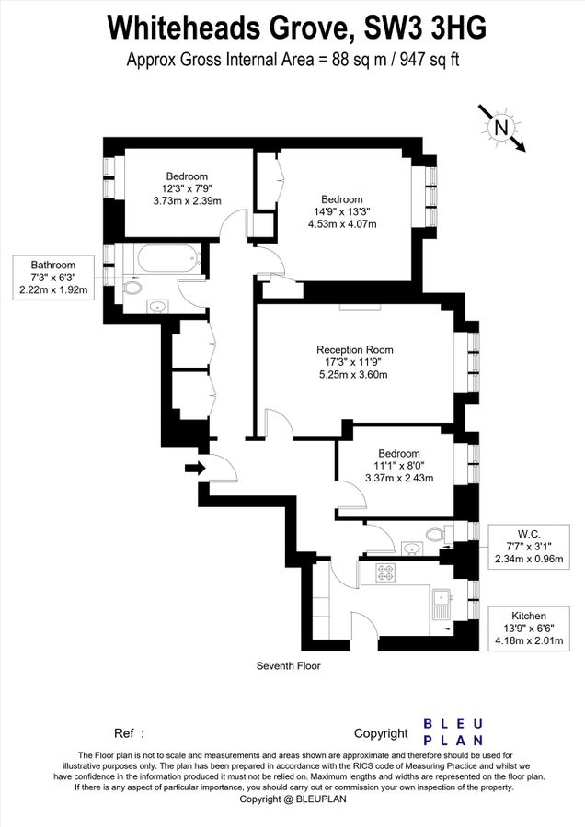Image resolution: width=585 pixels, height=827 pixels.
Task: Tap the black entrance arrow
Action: click(x=195, y=468)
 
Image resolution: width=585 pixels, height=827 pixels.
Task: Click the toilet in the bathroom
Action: click(x=132, y=288)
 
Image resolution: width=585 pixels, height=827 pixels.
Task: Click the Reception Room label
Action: click(x=354, y=349)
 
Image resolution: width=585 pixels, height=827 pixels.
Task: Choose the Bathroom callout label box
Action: click(x=52, y=278)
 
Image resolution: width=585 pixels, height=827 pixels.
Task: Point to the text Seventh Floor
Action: click(x=289, y=665)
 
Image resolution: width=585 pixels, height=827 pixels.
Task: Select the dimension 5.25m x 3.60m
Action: click(x=354, y=374)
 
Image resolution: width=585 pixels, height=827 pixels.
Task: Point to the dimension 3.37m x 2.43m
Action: click(x=399, y=478)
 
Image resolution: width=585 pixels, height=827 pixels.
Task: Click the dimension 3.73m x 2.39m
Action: click(x=187, y=201)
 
